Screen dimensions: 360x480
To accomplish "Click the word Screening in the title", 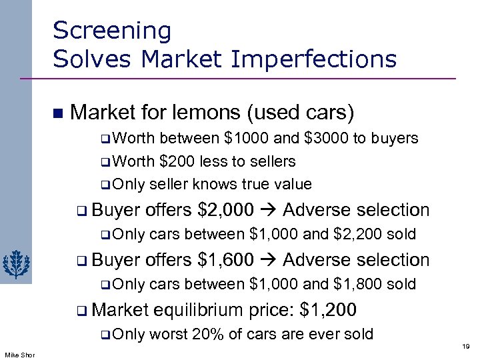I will pos(111,30).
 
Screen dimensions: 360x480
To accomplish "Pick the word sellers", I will pos(269,161).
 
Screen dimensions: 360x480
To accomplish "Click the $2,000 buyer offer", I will pos(226,210).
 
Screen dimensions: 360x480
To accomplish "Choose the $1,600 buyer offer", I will pos(226,259).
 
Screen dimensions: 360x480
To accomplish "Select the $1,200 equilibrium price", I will pos(329,309).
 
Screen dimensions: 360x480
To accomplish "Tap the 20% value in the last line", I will pos(205,334).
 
